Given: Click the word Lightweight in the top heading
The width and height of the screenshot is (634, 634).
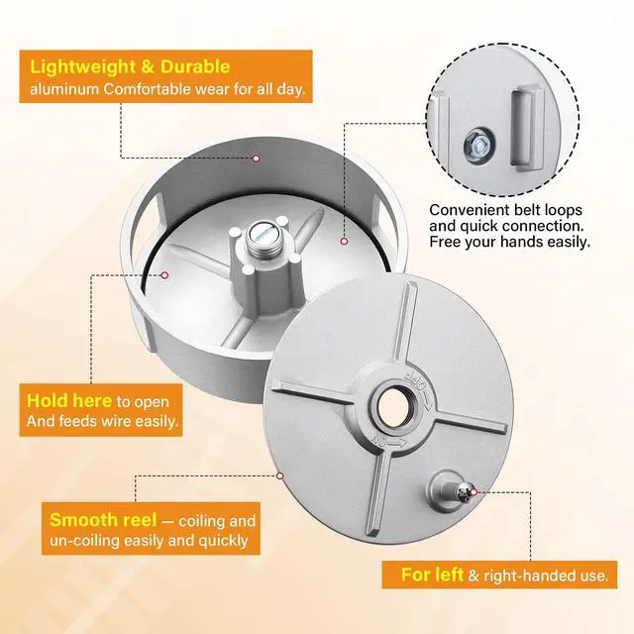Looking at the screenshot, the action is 83,66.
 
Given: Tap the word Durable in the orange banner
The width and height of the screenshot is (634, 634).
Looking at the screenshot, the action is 195,66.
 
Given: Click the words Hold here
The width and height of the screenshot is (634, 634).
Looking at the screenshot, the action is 69,400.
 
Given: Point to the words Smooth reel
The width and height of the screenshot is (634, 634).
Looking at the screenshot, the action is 103,520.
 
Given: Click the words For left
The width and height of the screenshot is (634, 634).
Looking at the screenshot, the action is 432,575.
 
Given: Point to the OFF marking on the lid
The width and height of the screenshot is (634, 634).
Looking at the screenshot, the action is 415,379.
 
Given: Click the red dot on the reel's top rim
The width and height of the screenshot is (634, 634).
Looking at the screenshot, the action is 256,158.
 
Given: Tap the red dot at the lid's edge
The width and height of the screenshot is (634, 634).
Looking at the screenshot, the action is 279,475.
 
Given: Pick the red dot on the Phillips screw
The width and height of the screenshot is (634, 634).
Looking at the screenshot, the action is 475,492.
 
